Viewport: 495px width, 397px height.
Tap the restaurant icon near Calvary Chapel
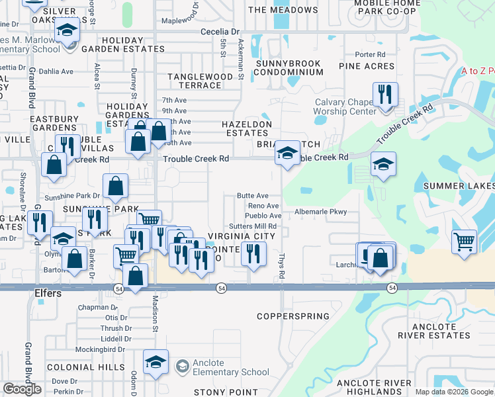click(384, 95)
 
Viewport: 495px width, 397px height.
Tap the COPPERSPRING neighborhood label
click(293, 316)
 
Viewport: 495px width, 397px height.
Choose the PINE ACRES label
click(367, 66)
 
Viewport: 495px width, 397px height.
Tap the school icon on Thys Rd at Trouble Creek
click(287, 154)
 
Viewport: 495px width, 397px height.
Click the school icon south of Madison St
click(156, 361)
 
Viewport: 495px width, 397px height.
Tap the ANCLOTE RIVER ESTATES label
click(433, 331)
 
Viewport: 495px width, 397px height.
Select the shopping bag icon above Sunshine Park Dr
click(116, 187)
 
